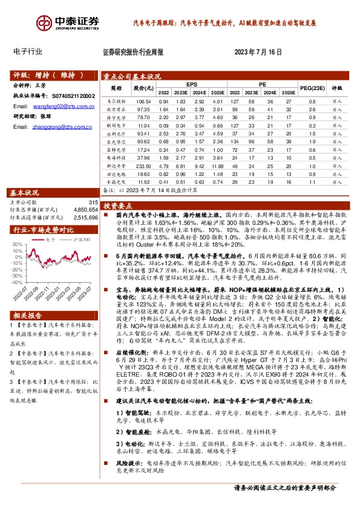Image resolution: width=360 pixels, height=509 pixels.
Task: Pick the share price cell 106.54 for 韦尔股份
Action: [143, 102]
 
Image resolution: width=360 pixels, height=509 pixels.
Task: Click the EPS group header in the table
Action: [191, 85]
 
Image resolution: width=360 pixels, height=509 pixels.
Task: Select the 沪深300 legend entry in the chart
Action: [82, 239]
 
